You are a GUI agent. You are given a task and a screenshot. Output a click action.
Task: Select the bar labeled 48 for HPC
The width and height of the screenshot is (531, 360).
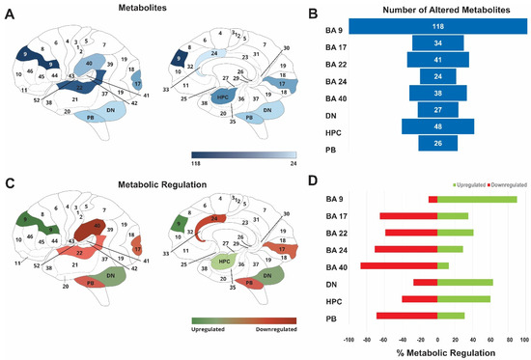point(437,126)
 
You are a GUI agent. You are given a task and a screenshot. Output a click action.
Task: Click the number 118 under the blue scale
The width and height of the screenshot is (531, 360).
point(195,165)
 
